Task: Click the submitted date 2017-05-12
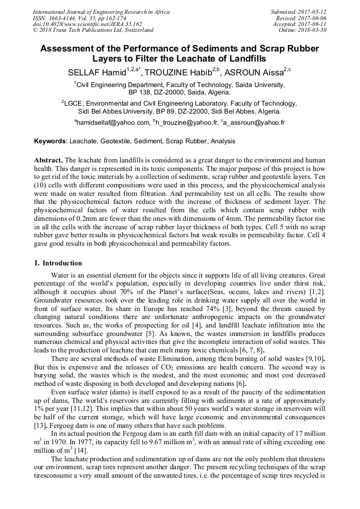[314, 12]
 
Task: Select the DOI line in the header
[87, 24]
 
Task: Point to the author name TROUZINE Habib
[176, 73]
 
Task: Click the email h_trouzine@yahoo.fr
[187, 123]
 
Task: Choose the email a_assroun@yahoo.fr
[254, 123]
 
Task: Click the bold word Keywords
[50, 142]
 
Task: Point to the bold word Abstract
[48, 160]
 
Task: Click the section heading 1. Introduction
[58, 263]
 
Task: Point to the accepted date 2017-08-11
[314, 24]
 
